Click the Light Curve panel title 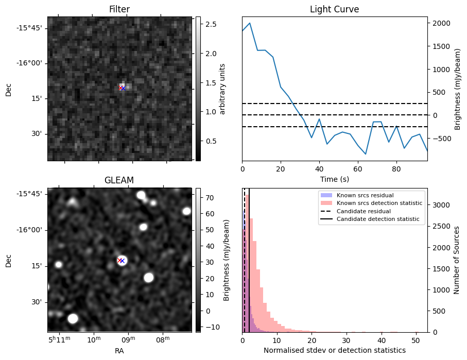(334, 10)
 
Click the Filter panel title (119, 10)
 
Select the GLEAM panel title (119, 180)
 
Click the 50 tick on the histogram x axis (417, 340)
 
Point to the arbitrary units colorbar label (222, 89)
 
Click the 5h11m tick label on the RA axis (60, 339)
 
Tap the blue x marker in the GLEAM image (123, 261)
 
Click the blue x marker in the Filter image (123, 88)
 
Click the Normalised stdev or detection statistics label (334, 350)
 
